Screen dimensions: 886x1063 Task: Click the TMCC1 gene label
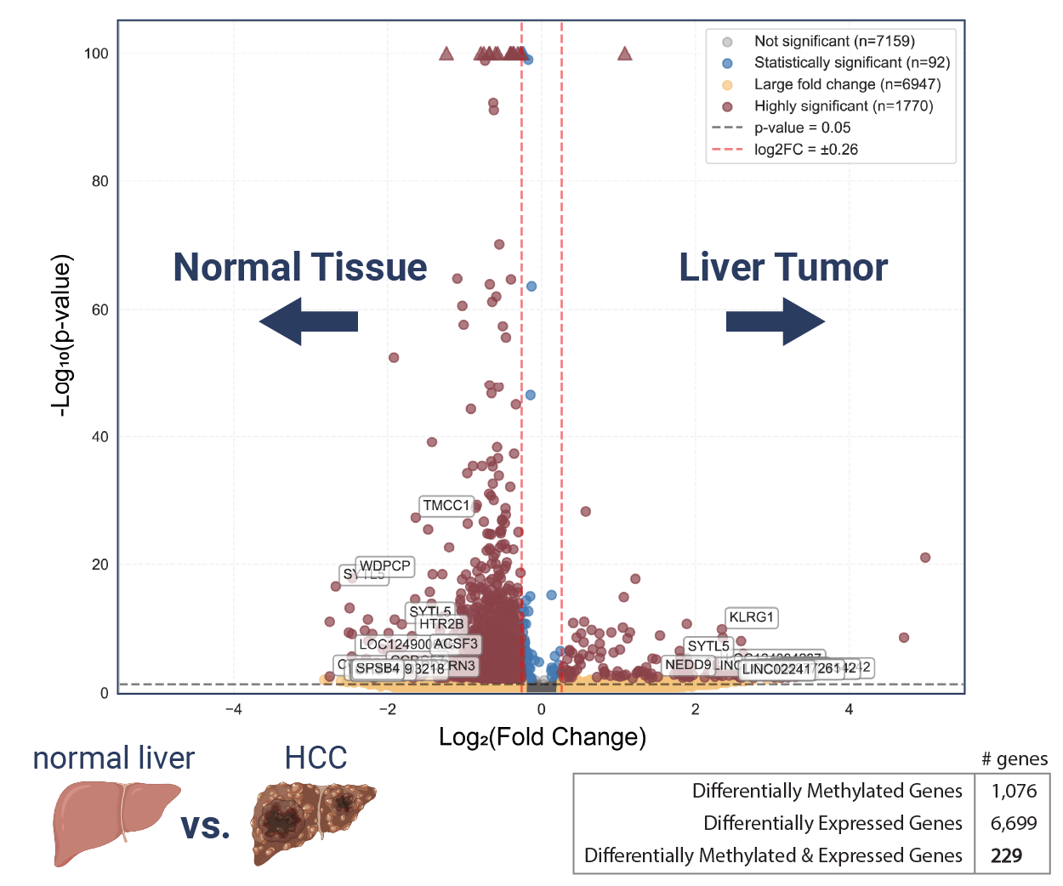[446, 506]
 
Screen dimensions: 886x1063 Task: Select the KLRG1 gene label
[752, 617]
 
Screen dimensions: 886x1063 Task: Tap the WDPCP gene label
[384, 566]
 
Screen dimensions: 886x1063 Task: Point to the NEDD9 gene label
[687, 665]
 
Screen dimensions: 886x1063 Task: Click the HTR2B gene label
[441, 624]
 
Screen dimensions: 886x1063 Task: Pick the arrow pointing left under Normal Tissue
[309, 321]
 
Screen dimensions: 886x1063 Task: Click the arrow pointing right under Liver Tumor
[775, 321]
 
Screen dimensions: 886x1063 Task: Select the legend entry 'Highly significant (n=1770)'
[843, 106]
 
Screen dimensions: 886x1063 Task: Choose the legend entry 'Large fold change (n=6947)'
[847, 84]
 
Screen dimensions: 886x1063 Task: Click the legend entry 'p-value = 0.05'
[802, 128]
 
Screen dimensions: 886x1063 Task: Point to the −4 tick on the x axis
[233, 709]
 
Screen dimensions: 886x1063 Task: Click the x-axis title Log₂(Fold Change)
[543, 736]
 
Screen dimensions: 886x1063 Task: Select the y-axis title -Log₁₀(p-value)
[61, 335]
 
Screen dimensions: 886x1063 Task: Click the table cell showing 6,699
[1014, 823]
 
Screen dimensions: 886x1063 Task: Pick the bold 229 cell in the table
[1007, 855]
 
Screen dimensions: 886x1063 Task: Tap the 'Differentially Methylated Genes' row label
[827, 791]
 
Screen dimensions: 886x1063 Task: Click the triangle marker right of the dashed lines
[625, 54]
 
